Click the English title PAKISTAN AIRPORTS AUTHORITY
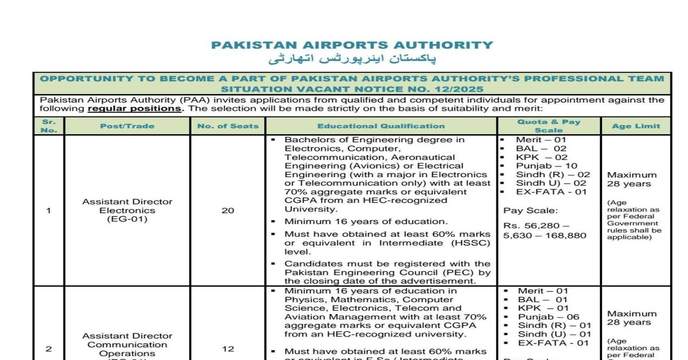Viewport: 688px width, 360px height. (x=352, y=45)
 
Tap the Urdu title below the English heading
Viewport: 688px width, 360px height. (x=352, y=59)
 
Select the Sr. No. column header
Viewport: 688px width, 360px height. (x=49, y=126)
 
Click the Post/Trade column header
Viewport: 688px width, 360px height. (x=127, y=126)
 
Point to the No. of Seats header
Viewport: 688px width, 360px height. (x=228, y=126)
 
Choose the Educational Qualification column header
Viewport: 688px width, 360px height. (x=381, y=126)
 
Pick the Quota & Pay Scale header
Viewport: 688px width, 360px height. (x=549, y=126)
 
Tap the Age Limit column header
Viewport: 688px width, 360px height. (x=636, y=126)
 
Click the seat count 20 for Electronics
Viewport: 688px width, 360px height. (x=228, y=210)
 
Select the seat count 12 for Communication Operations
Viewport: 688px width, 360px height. (x=228, y=349)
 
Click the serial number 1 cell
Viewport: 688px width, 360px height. (x=49, y=210)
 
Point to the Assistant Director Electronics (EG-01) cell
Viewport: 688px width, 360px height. (x=127, y=210)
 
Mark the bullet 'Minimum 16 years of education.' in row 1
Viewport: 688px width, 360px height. (x=366, y=222)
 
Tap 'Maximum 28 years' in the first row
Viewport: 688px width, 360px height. (x=632, y=179)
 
